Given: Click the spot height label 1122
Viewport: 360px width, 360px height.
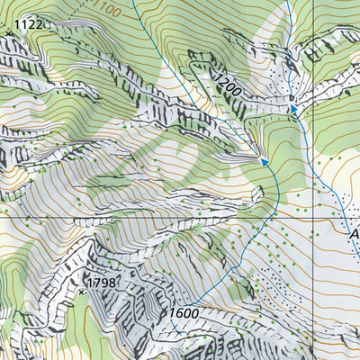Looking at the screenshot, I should tap(29, 24).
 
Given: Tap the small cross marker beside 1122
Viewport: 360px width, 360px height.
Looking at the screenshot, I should tap(9, 33).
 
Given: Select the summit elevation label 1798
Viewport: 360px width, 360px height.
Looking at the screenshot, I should tap(103, 283).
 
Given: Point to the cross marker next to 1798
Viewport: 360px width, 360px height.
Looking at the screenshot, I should tap(82, 292).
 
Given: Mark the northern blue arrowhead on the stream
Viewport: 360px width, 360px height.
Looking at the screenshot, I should tap(292, 110).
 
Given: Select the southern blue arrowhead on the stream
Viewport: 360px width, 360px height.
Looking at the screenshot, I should tap(265, 162).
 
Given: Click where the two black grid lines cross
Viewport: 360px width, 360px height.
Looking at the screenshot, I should tap(311, 216).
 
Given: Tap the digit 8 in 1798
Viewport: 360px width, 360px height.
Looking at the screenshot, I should tap(113, 283).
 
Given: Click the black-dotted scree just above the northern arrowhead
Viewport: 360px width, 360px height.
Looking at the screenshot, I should tap(290, 90).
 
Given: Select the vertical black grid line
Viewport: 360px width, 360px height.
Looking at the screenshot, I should tap(311, 135).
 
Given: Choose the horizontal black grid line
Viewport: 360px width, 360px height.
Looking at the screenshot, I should tap(135, 216).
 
